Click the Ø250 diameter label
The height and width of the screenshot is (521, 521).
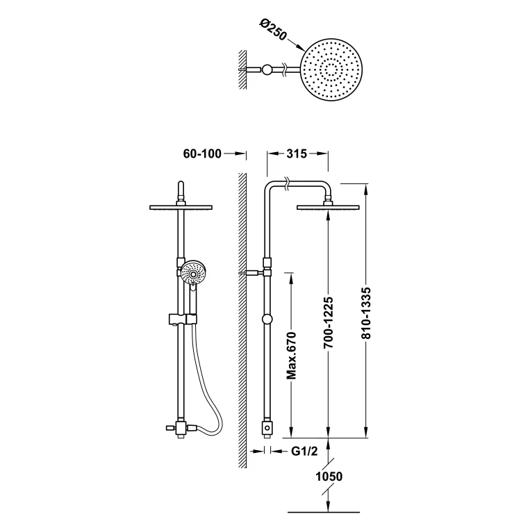(x=273, y=31)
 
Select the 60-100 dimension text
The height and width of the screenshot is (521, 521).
(x=202, y=154)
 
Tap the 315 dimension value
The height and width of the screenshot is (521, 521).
(x=297, y=154)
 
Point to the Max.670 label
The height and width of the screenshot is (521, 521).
(x=291, y=355)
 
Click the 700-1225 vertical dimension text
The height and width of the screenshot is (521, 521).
(x=329, y=322)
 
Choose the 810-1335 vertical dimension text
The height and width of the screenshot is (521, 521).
(x=366, y=313)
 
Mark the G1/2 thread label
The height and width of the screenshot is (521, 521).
(x=304, y=451)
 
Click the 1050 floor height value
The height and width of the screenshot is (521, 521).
(x=329, y=477)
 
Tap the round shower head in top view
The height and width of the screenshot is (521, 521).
(x=331, y=69)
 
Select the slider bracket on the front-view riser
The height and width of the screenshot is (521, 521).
(x=183, y=319)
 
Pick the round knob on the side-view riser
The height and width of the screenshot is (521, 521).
(x=267, y=320)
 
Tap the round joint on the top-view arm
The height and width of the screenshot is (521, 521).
(x=267, y=69)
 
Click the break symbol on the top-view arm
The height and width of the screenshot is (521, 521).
(x=284, y=69)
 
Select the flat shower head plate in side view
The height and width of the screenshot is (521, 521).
(x=328, y=208)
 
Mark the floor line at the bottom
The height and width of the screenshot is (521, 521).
(x=324, y=512)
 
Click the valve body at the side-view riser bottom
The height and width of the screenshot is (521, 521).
(x=267, y=429)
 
